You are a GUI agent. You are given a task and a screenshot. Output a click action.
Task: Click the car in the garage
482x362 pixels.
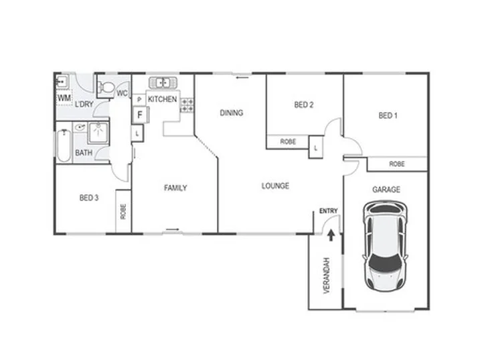tap(386, 246)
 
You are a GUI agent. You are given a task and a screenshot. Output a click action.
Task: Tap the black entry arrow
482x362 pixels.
tap(331, 235)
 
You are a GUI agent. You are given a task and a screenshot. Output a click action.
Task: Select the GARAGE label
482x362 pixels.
tap(386, 189)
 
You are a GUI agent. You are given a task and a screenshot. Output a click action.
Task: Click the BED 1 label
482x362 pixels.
tap(388, 116)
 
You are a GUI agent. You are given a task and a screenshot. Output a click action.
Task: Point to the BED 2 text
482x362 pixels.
tap(304, 105)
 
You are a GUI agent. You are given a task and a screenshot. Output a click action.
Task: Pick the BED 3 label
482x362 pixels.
tap(89, 198)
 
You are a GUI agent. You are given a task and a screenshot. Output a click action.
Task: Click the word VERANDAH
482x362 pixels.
tap(327, 276)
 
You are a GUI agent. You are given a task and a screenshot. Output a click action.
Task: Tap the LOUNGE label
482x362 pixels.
tap(275, 186)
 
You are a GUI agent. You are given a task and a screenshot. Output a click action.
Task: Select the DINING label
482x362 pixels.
tap(232, 113)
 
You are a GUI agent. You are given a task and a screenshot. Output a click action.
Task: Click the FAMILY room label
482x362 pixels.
tap(175, 188)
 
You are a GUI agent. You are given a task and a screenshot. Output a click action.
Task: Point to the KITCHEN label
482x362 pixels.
tap(162, 99)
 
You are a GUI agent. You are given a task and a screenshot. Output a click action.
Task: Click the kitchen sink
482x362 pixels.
tap(163, 82)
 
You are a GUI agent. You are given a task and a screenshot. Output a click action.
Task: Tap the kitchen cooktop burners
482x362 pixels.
tap(187, 105)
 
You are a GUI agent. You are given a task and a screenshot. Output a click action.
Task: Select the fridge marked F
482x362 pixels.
tap(140, 115)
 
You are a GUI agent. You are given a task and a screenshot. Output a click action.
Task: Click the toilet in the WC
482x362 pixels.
tap(106, 86)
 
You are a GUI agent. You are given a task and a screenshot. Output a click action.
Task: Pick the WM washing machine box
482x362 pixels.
tap(64, 98)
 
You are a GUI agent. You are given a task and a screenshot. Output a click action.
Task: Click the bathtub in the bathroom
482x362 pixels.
tap(64, 146)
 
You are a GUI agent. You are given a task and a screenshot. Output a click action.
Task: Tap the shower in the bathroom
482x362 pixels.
tap(98, 133)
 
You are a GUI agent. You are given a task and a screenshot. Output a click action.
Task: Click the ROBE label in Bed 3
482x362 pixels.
tap(123, 211)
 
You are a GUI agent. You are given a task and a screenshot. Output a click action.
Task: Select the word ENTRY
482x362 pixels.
tap(328, 211)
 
